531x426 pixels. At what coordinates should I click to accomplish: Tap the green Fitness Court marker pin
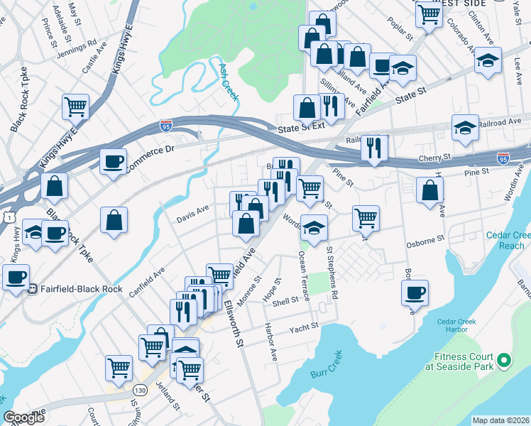click(504, 361)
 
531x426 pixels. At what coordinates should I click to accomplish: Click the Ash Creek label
click(227, 82)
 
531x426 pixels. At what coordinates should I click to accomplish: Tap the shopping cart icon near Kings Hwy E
click(75, 107)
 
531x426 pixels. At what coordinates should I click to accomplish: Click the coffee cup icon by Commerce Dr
click(113, 161)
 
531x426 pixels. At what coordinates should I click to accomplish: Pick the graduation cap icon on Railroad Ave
click(465, 128)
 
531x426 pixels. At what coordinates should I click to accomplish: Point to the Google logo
click(24, 417)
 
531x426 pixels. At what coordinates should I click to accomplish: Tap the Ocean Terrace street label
click(304, 277)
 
